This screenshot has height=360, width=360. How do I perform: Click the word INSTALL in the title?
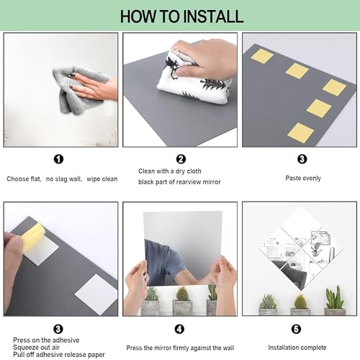(x=214, y=17)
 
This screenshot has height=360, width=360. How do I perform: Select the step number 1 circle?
(x=58, y=159)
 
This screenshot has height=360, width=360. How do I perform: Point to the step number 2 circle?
(x=181, y=159)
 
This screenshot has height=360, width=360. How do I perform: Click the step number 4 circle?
(x=179, y=329)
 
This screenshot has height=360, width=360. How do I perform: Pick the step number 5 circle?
(x=296, y=329)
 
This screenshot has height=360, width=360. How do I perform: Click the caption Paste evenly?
(x=303, y=179)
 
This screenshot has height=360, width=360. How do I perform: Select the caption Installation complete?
(x=297, y=348)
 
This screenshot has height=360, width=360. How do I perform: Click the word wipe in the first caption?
(x=93, y=179)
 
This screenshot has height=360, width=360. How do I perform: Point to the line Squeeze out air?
(x=36, y=348)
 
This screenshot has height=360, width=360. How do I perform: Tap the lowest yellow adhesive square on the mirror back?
(x=300, y=133)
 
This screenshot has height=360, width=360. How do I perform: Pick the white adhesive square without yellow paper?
(x=96, y=294)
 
